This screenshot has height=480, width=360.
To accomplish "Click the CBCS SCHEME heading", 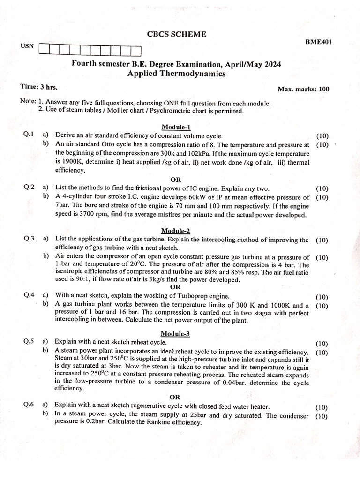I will point(176,34).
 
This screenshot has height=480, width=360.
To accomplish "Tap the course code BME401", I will point(319,42).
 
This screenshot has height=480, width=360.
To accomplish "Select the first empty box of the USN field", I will point(45,49).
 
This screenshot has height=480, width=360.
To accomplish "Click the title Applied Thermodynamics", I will point(176,74).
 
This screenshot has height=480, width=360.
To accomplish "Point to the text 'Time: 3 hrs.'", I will point(39,87).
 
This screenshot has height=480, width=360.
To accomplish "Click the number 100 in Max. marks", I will point(324,89).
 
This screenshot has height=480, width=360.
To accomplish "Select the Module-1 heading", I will point(176,127).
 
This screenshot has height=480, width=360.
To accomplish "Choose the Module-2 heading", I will point(176,231).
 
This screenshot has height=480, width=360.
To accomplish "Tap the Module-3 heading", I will point(176,334).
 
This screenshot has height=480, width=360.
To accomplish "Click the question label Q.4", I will point(29,296).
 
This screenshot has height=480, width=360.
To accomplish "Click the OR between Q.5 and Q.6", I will point(175,397).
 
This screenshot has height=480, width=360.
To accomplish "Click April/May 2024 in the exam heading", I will point(253,64).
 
